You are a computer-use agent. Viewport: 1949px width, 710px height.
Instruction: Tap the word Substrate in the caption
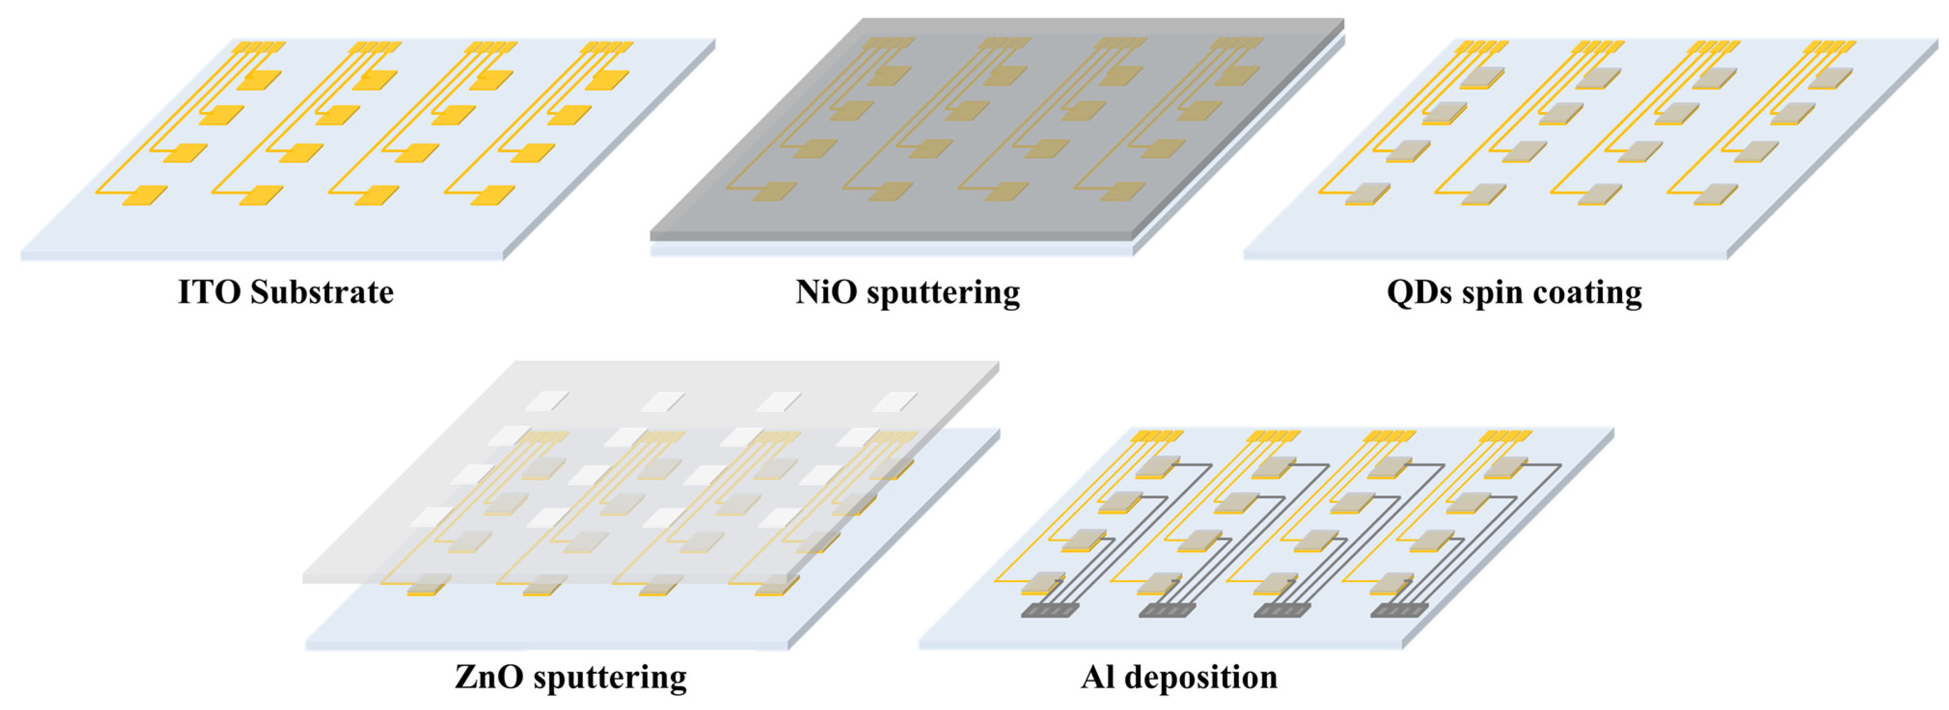coord(322,292)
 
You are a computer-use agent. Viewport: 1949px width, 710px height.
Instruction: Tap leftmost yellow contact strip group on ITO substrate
coord(258,47)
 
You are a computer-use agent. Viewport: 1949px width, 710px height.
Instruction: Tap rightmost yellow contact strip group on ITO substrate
coord(606,47)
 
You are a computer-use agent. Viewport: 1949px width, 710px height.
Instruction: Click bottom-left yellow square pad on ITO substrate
coord(145,195)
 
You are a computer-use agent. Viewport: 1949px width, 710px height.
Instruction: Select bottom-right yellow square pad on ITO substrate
coord(492,195)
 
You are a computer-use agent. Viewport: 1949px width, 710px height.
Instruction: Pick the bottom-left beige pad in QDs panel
coord(1368,193)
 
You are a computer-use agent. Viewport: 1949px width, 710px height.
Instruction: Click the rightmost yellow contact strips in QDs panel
coord(1829,47)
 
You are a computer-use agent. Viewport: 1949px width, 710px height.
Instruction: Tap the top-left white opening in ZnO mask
coord(546,401)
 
